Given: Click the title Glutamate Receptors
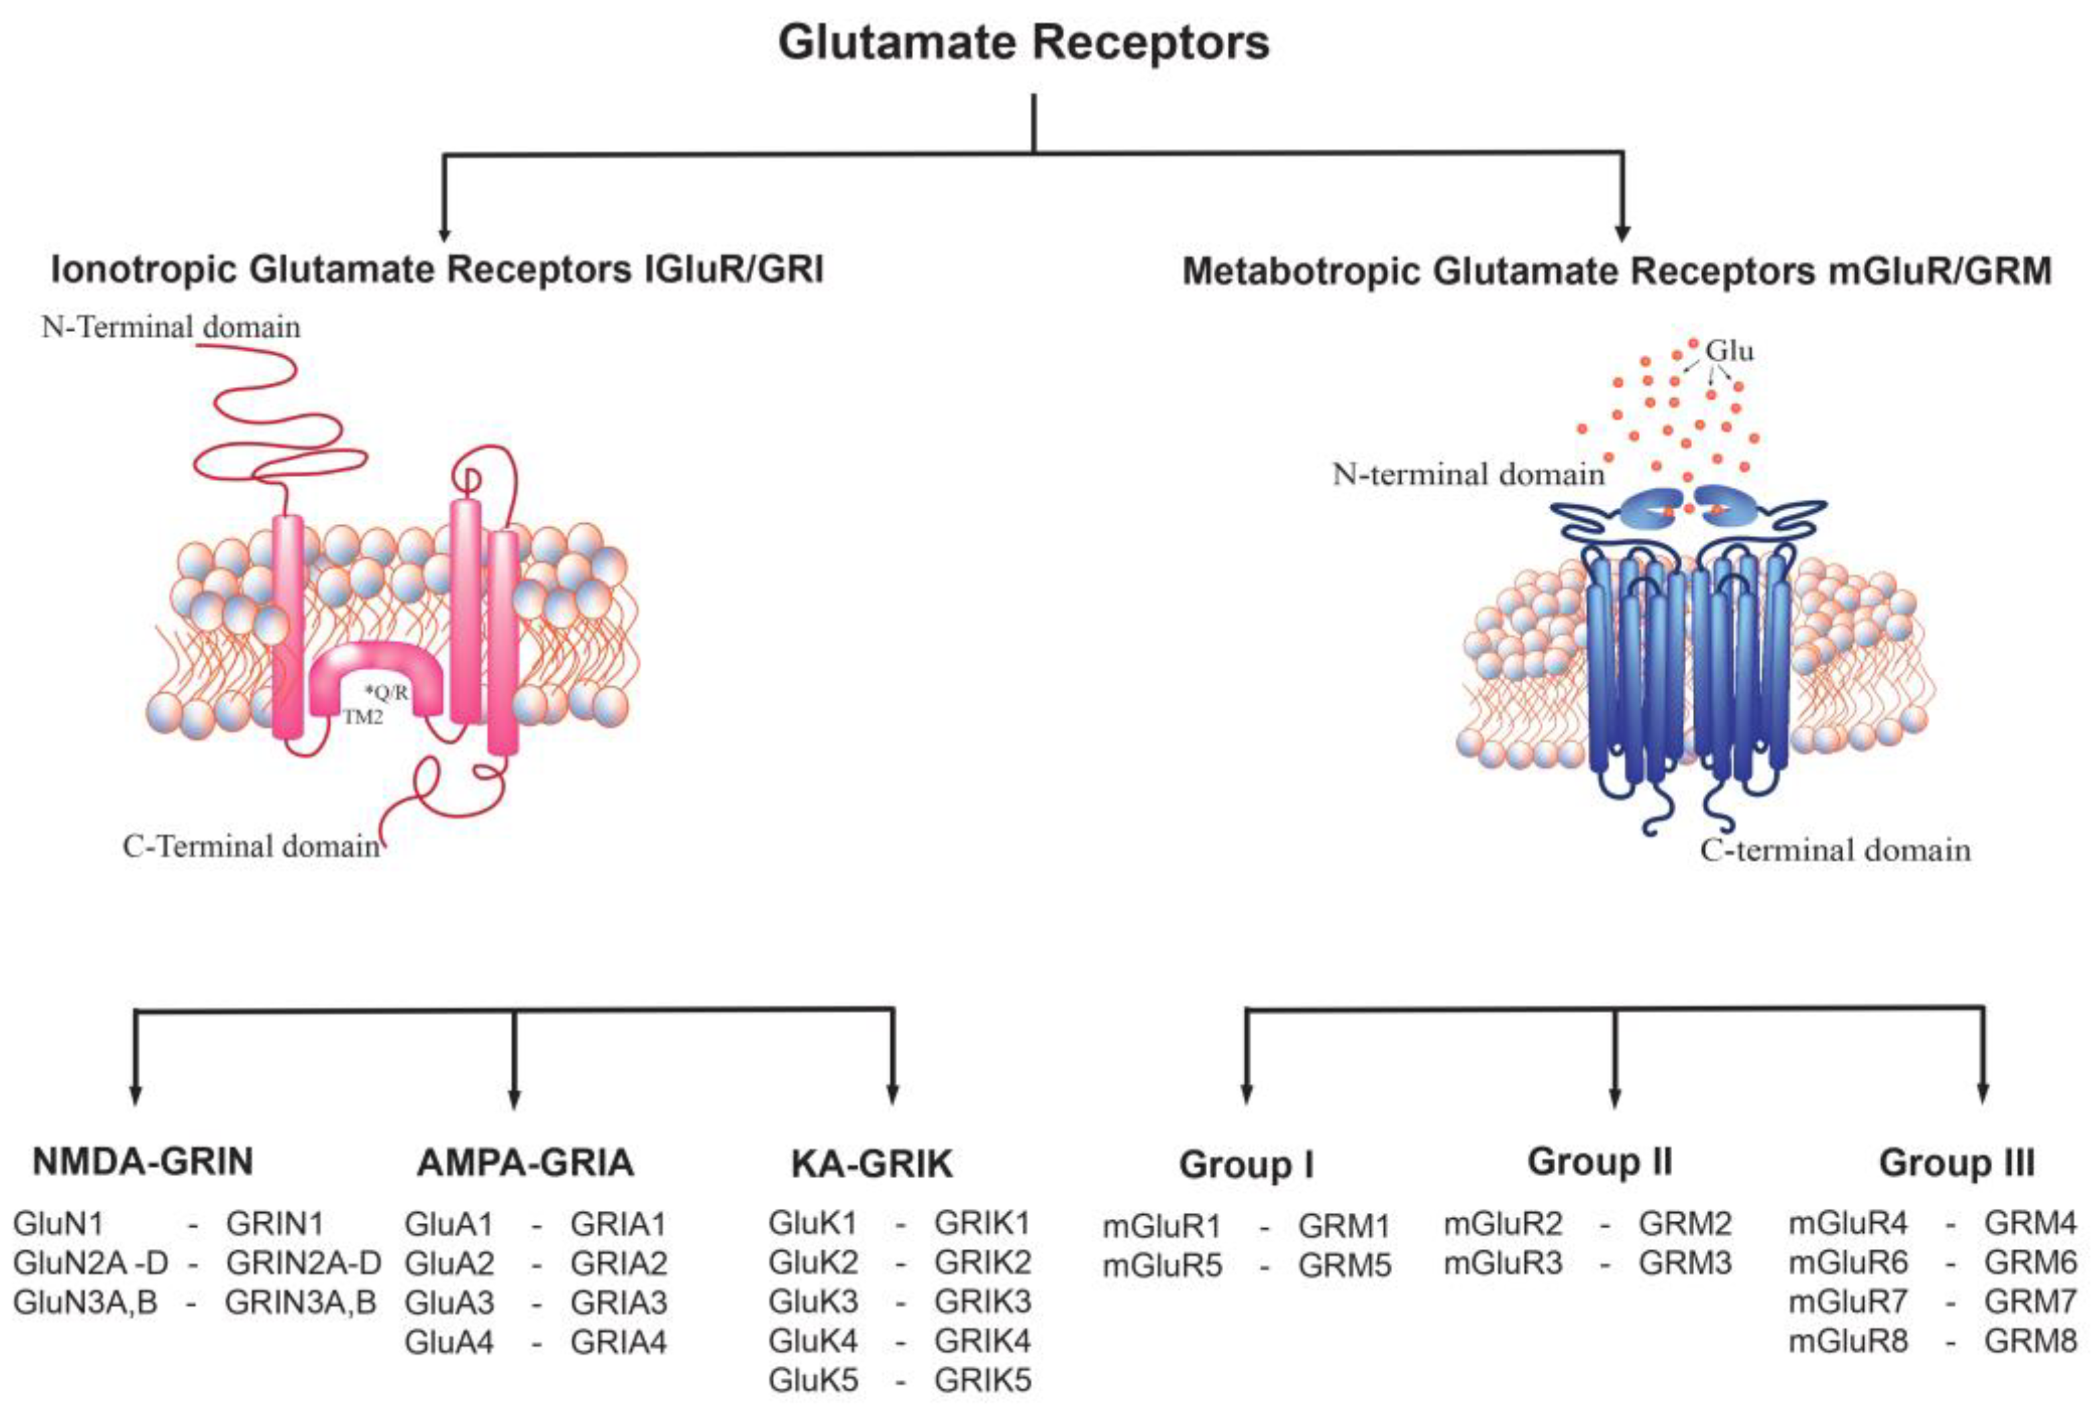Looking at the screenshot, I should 1023,43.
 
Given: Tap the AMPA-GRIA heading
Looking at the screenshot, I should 525,1163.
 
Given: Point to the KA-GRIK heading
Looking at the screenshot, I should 871,1164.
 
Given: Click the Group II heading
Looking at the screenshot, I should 1600,1161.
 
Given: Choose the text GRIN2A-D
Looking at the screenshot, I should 303,1263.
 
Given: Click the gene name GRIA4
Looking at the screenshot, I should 619,1342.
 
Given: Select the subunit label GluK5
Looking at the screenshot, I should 813,1380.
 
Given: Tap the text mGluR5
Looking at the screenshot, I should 1162,1266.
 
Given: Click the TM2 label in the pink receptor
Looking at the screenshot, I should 362,717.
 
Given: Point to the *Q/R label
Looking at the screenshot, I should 386,692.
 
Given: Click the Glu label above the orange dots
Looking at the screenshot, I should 1729,351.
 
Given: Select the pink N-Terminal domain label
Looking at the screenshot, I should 170,327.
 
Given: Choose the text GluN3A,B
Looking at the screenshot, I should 85,1303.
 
